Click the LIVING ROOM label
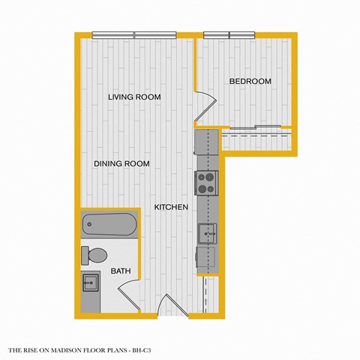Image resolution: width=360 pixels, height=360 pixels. tap(134, 97)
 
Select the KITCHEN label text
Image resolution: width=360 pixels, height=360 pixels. tap(171, 206)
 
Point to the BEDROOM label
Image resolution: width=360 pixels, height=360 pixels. tap(250, 81)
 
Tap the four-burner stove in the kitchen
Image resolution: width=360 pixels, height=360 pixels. tap(206, 182)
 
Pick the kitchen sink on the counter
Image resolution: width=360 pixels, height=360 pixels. tap(207, 232)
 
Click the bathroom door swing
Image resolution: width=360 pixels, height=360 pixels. tap(129, 289)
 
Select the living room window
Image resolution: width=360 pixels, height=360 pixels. tap(134, 34)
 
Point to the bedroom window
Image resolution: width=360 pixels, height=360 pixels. tap(228, 34)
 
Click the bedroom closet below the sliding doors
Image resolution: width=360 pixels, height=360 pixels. tap(256, 139)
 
